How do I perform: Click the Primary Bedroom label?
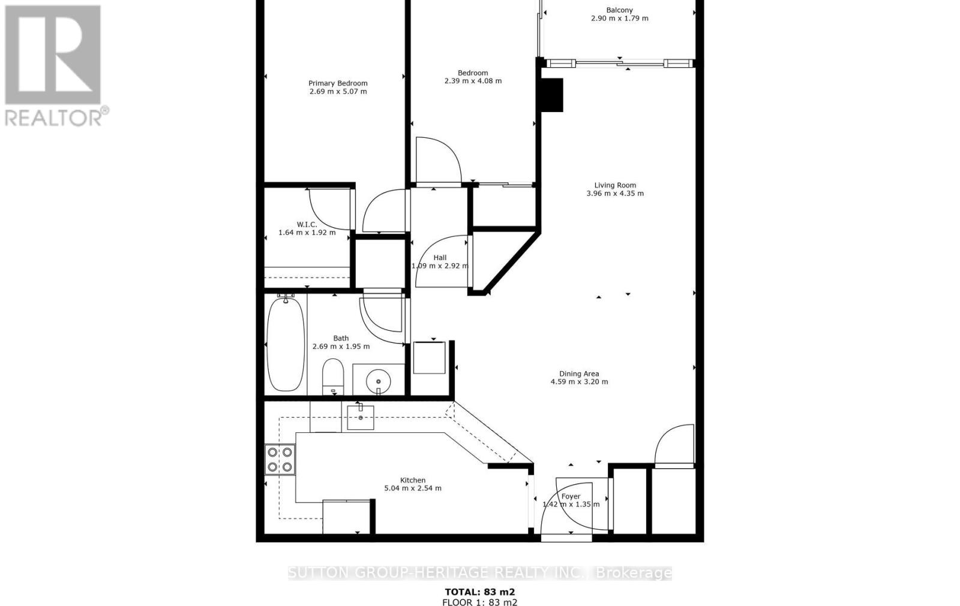pyautogui.click(x=338, y=83)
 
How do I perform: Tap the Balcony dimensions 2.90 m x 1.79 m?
pyautogui.click(x=619, y=19)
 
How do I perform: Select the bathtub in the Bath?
pyautogui.click(x=285, y=344)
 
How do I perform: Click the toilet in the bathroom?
pyautogui.click(x=332, y=376)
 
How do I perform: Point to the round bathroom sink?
pyautogui.click(x=378, y=379)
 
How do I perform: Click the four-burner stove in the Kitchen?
pyautogui.click(x=280, y=460)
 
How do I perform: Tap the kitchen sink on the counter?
pyautogui.click(x=361, y=417)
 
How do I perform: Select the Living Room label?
pyautogui.click(x=615, y=185)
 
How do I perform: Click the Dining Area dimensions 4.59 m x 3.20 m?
pyautogui.click(x=579, y=382)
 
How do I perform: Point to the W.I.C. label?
pyautogui.click(x=307, y=224)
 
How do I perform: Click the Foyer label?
pyautogui.click(x=571, y=496)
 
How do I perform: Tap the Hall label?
pyautogui.click(x=440, y=258)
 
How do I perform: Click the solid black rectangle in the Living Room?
pyautogui.click(x=551, y=95)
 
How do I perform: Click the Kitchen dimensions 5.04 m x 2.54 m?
pyautogui.click(x=413, y=489)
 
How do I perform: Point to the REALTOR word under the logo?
pyautogui.click(x=54, y=117)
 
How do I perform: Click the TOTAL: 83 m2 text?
pyautogui.click(x=479, y=592)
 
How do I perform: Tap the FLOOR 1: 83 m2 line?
pyautogui.click(x=479, y=602)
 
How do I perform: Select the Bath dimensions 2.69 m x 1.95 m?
pyautogui.click(x=341, y=346)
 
